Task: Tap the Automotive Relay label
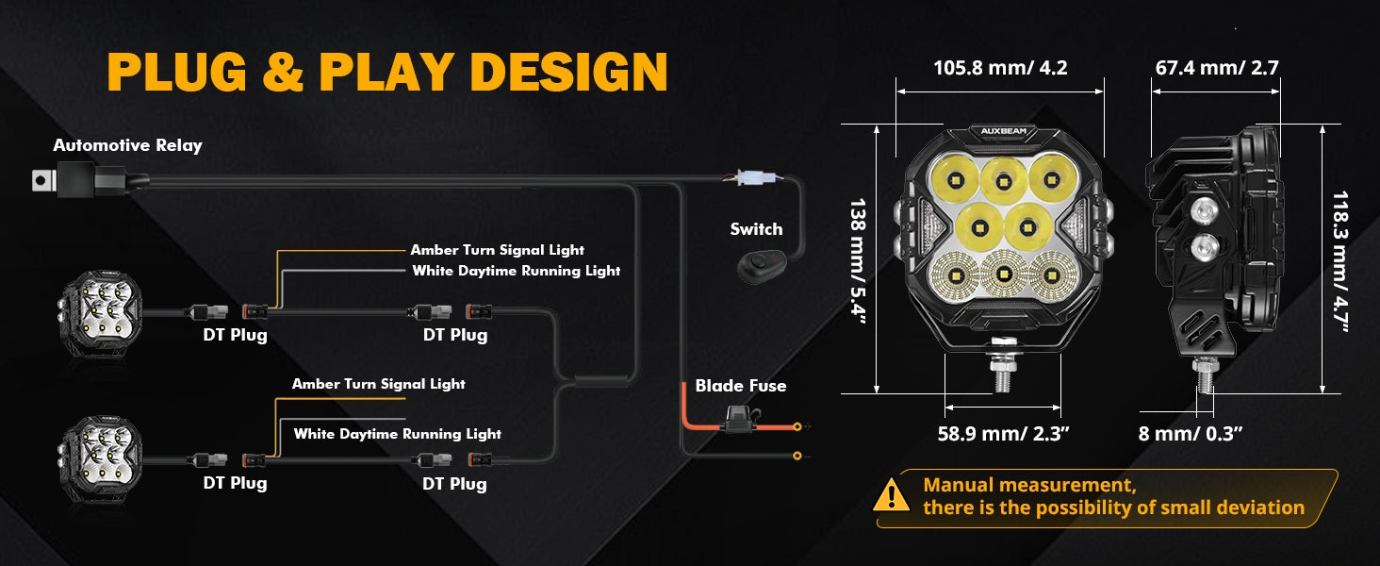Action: click(127, 145)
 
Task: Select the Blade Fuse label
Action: click(741, 386)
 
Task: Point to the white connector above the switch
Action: click(753, 177)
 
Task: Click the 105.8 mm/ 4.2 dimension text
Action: click(1000, 68)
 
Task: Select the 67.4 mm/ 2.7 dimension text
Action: click(1217, 68)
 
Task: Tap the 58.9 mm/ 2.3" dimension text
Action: click(1003, 433)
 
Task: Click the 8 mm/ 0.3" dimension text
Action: click(1191, 433)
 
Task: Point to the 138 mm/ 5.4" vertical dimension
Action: click(858, 260)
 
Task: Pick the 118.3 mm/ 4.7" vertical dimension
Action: click(1340, 260)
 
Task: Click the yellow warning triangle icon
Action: click(891, 495)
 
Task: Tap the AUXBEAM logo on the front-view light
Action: click(1003, 131)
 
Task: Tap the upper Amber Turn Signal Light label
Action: click(497, 250)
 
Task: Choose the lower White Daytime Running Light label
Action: click(398, 434)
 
